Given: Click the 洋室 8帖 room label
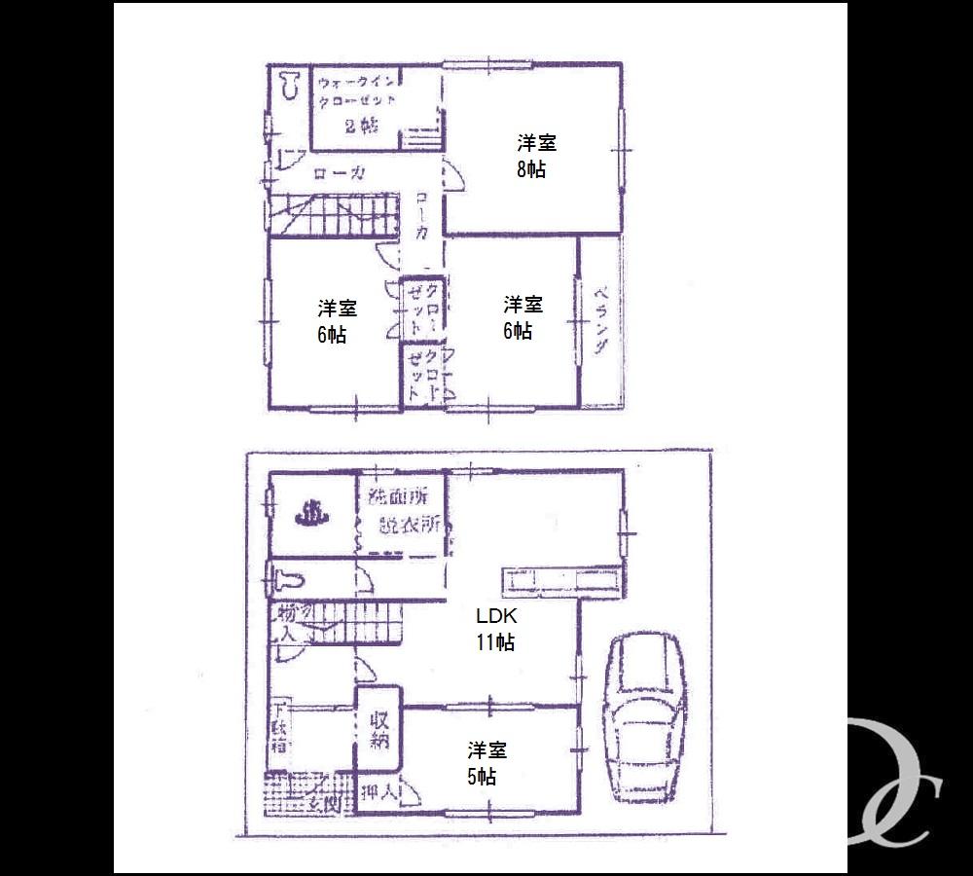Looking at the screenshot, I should pos(534,156).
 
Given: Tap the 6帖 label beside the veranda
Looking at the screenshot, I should pos(522,317).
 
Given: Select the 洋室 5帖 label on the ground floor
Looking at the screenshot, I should pos(486,763).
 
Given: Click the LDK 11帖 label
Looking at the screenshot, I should pos(495,629).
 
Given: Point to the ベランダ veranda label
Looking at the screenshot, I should pos(601,322).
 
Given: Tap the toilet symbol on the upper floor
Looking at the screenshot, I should pos(289,86).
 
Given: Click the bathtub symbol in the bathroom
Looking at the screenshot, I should pos(310,513).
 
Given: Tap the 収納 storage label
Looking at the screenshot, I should pos(379,729).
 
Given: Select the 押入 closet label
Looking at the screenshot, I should pos(379,793).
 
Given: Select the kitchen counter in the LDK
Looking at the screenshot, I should pos(559,581).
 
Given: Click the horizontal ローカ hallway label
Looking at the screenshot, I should pos(340,174).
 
